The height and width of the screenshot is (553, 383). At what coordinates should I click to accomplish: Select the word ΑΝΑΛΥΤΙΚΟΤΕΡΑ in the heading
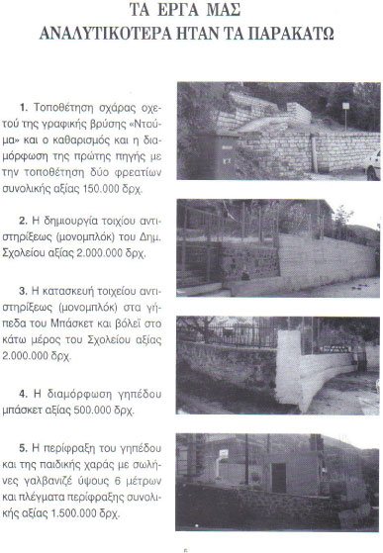click(x=105, y=34)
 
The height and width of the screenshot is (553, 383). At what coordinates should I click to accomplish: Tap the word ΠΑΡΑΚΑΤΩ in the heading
click(x=291, y=34)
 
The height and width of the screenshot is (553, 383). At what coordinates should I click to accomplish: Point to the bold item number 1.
click(x=24, y=107)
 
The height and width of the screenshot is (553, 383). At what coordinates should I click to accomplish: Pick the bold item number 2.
click(x=23, y=221)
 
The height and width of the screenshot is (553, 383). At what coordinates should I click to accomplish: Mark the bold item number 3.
click(x=23, y=291)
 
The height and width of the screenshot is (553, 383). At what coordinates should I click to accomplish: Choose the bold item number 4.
click(x=24, y=394)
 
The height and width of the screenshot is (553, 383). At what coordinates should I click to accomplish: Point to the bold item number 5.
click(x=24, y=448)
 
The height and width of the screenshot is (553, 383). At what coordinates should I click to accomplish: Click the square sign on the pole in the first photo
click(x=345, y=106)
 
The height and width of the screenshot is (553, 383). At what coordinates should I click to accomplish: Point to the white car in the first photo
click(x=373, y=164)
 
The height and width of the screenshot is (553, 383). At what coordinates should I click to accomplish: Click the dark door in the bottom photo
click(x=279, y=478)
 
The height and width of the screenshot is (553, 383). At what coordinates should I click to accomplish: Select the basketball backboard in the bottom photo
click(x=224, y=454)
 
